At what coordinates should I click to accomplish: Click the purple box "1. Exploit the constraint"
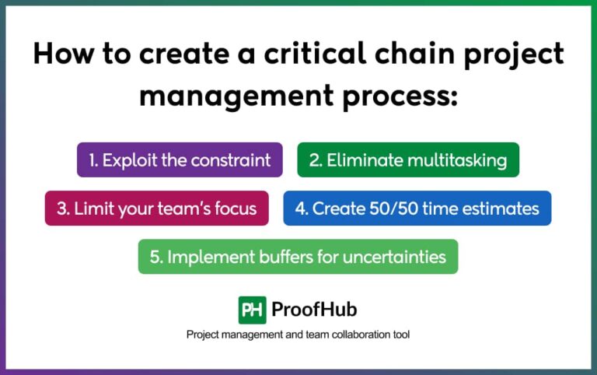[x=180, y=160]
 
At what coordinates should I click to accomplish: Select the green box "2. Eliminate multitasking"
[x=408, y=160]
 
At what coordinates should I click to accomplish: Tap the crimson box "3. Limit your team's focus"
[x=157, y=209]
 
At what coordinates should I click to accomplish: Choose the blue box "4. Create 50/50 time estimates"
[x=417, y=209]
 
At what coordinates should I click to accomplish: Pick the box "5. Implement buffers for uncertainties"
[x=298, y=257]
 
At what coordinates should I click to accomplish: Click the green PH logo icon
[x=252, y=310]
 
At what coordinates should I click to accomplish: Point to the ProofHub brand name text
[x=314, y=310]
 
